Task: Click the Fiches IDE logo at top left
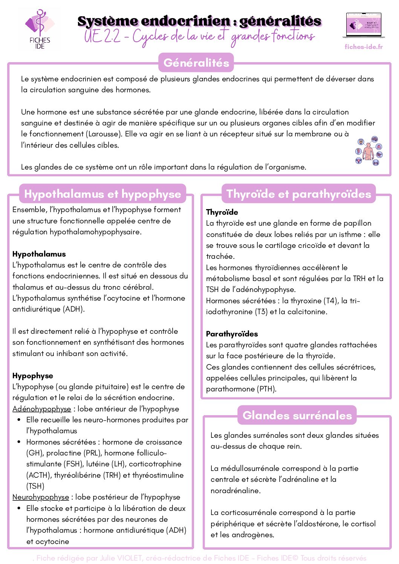(40, 29)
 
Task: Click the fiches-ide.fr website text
(364, 47)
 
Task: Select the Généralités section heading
(196, 63)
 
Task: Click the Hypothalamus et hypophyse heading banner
(102, 194)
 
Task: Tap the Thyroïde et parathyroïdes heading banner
(298, 194)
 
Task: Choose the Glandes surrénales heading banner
(297, 415)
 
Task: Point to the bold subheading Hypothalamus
(39, 254)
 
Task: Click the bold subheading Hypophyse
(33, 376)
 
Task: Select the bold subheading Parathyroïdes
(232, 334)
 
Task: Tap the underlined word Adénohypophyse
(41, 409)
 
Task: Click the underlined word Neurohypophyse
(41, 497)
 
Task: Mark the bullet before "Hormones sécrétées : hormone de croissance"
(19, 442)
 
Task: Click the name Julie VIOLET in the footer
(121, 558)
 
